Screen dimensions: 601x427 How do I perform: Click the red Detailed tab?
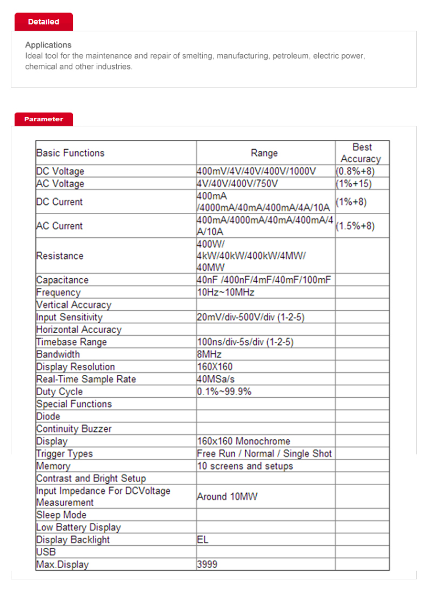point(43,22)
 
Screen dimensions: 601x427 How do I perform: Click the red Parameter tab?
point(43,119)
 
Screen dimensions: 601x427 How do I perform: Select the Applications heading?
point(48,45)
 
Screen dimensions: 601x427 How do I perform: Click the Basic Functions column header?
point(71,153)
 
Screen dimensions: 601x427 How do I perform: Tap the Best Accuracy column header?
point(361,153)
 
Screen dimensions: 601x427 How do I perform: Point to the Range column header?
point(264,153)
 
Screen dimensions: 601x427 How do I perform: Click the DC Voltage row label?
point(60,171)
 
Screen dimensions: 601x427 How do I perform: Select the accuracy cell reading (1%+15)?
point(354,184)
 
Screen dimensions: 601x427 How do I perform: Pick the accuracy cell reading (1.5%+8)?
point(355,226)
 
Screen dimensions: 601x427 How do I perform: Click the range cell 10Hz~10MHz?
point(225,293)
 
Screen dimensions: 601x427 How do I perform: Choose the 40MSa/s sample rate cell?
point(216,379)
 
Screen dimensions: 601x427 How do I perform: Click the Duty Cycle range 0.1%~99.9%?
point(224,392)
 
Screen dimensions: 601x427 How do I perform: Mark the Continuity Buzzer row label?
point(74,429)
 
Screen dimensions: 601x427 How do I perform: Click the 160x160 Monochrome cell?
point(244,441)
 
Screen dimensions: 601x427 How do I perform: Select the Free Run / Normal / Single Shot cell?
point(264,454)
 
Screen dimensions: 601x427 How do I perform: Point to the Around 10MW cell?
point(227,497)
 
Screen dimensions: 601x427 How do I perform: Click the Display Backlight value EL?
point(203,540)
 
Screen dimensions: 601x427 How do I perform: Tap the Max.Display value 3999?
point(207,565)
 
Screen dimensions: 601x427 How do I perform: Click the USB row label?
point(46,552)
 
